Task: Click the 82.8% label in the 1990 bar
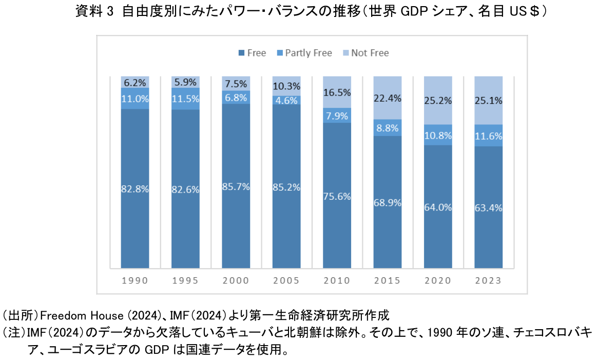[135, 189]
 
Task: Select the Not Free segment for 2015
[388, 98]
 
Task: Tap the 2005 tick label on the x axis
[286, 280]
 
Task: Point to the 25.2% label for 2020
[438, 101]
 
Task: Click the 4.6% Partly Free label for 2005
[286, 101]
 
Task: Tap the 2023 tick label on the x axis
[488, 280]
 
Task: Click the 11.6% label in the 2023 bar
[488, 136]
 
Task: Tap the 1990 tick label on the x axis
[135, 280]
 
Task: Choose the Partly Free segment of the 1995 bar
[185, 99]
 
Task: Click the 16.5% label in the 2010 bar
[337, 92]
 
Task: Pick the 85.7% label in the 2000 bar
[236, 187]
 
